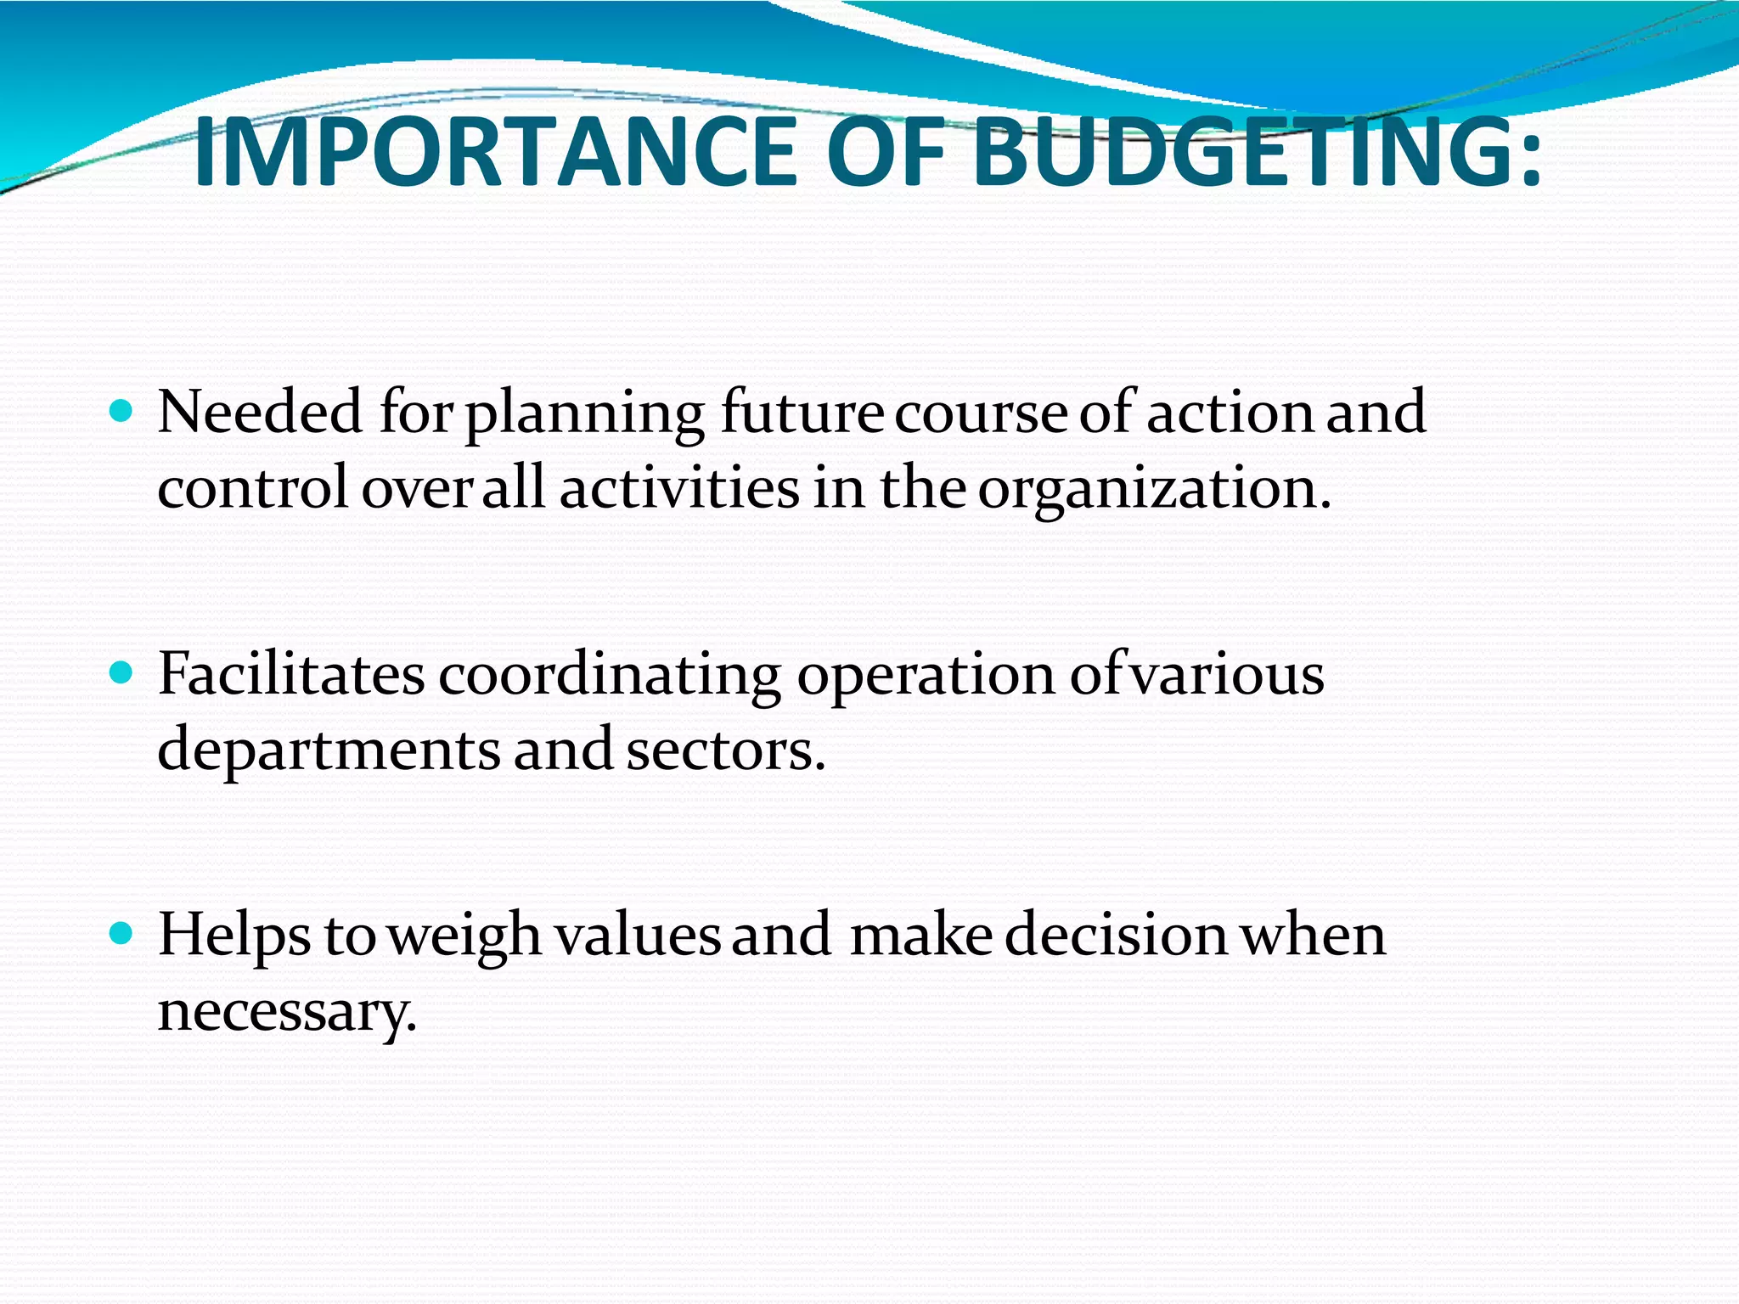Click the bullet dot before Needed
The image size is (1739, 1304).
coord(122,413)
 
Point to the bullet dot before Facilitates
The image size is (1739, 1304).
coord(122,674)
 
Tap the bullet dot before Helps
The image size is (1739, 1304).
coord(122,935)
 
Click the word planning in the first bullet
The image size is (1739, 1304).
coord(585,414)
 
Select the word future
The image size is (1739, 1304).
coord(802,413)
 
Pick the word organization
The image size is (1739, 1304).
coord(1154,491)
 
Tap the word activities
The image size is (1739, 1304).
coord(679,489)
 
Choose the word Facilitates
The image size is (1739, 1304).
coord(291,674)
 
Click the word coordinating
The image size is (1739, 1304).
coord(609,676)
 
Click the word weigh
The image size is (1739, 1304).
coord(468,936)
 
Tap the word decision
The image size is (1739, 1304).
coord(1117,935)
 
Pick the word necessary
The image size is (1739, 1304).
coord(287,1013)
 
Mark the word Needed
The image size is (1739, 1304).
coord(260,413)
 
